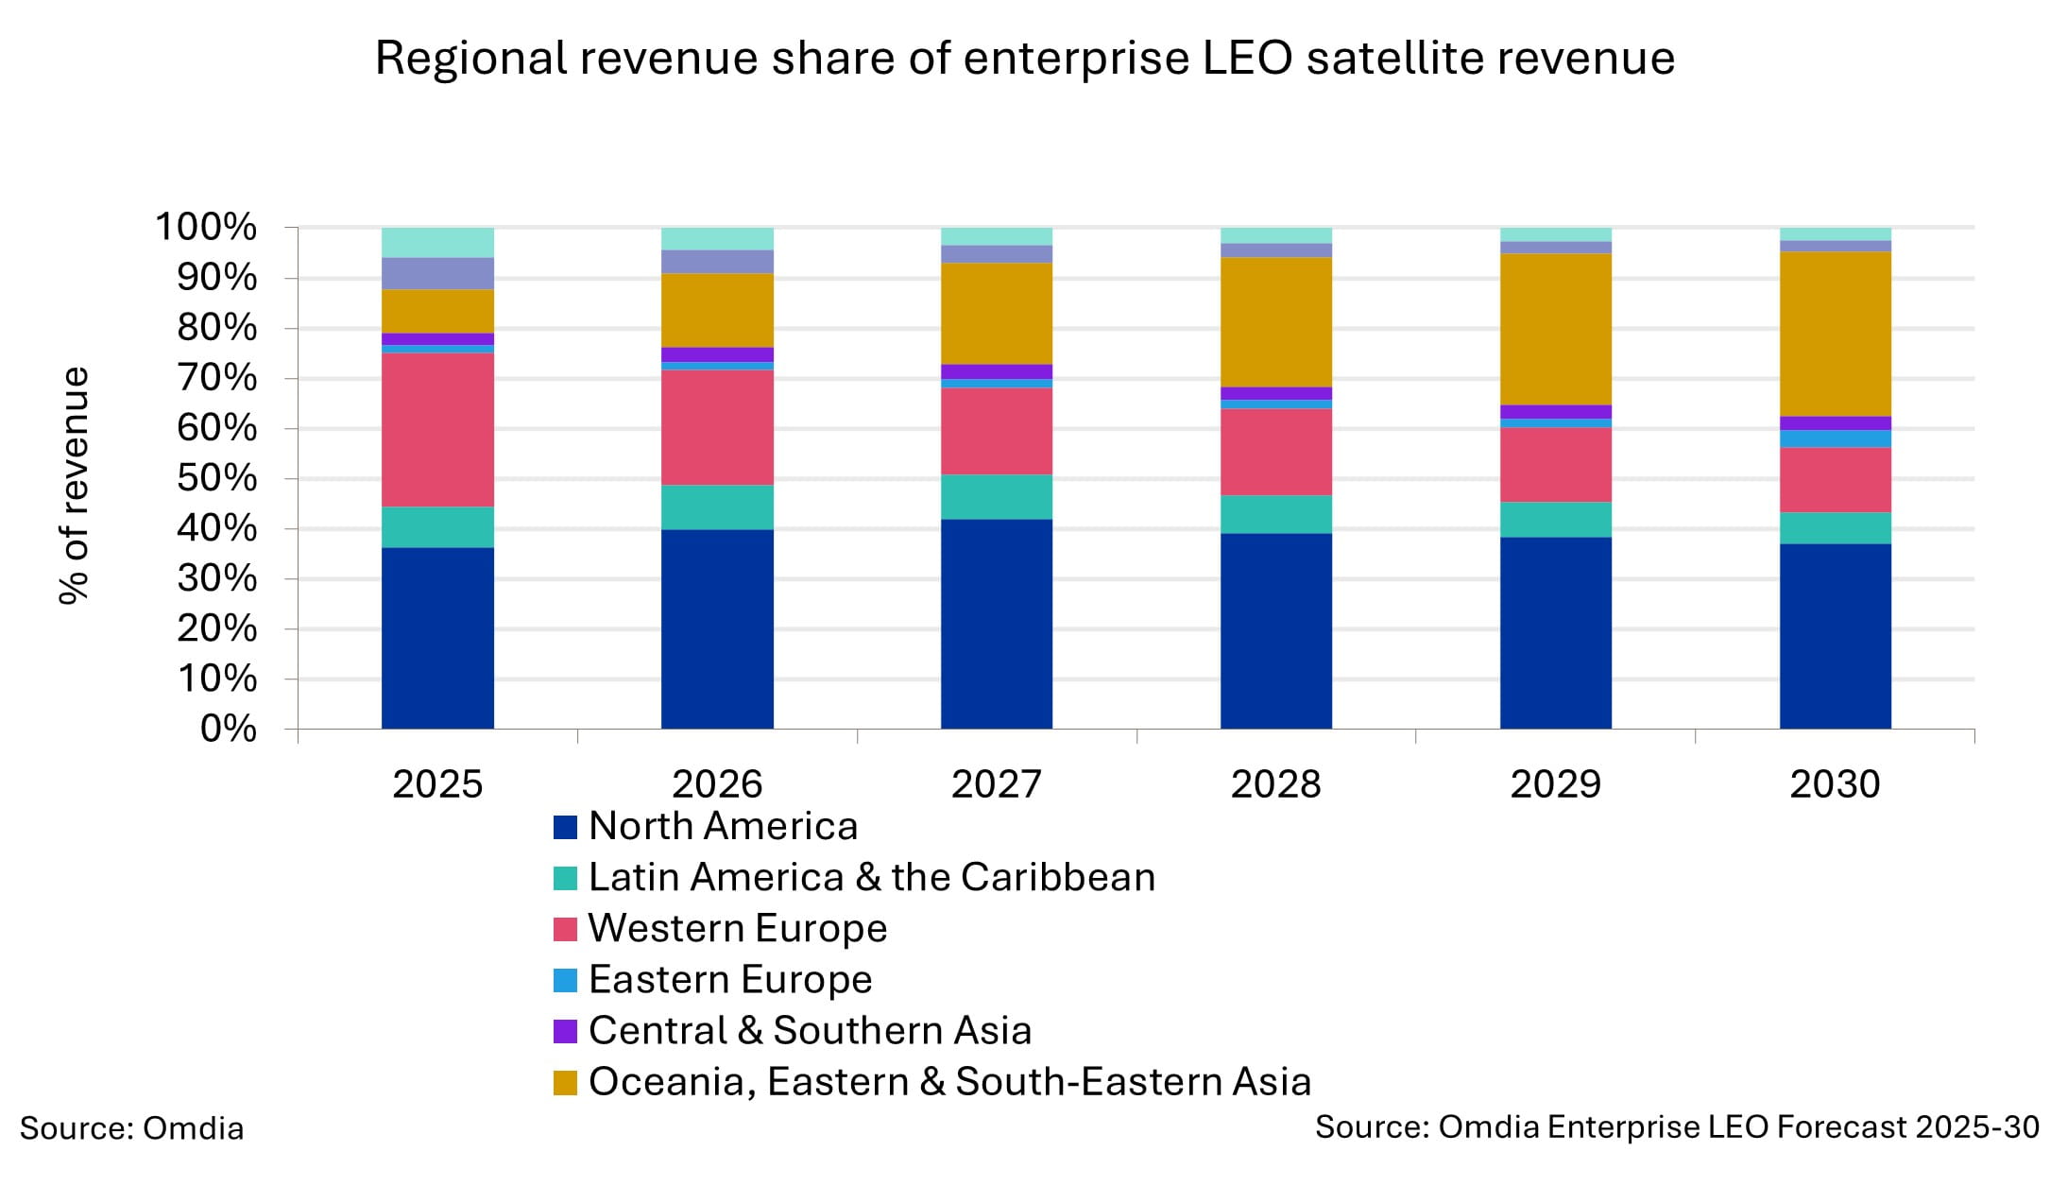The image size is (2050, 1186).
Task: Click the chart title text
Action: tap(1024, 59)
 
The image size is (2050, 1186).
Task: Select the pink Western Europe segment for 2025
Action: tap(437, 430)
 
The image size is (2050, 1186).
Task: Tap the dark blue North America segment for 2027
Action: tap(996, 624)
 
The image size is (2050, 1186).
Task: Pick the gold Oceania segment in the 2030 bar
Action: tap(1835, 334)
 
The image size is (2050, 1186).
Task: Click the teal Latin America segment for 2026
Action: tap(717, 507)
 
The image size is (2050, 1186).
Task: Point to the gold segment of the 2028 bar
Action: tap(1275, 322)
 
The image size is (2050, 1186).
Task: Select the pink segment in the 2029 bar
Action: tap(1555, 465)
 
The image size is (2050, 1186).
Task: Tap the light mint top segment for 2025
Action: tap(437, 243)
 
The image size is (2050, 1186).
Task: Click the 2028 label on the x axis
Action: tap(1275, 784)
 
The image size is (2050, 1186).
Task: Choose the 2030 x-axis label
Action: tap(1835, 784)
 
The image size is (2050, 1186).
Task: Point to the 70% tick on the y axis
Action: tap(216, 379)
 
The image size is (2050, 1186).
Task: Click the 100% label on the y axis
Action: tap(206, 228)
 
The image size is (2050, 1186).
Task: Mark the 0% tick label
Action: tap(228, 730)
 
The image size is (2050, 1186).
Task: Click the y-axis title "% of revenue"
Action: tap(74, 485)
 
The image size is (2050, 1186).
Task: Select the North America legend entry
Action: tap(723, 827)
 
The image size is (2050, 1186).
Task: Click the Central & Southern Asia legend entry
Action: tap(810, 1031)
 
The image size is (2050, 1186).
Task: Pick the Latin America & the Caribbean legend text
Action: tap(871, 878)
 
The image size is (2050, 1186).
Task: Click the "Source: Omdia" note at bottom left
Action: tap(131, 1128)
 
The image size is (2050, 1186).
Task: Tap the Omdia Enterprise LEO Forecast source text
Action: tap(1676, 1127)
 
